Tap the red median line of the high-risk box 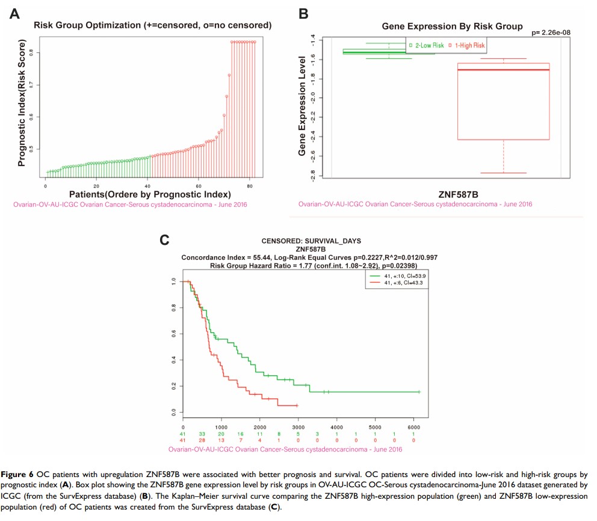tap(503, 70)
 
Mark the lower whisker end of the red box tap(503, 173)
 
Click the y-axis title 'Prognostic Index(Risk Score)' tap(22, 102)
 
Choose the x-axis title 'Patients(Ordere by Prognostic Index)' tap(150, 194)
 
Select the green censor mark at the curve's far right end tap(419, 392)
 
